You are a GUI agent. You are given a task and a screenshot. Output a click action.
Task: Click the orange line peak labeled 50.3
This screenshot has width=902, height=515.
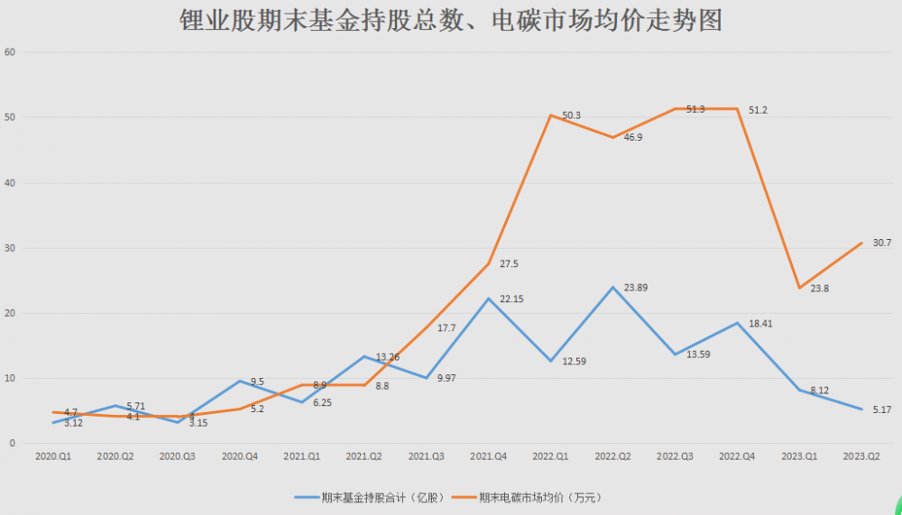coord(550,115)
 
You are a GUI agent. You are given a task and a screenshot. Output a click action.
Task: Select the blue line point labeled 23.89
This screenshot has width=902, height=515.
coord(612,288)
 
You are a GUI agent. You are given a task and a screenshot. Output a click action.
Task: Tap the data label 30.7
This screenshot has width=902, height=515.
coord(882,243)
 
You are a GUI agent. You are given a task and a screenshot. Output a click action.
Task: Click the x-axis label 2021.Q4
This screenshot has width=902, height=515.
coord(488,457)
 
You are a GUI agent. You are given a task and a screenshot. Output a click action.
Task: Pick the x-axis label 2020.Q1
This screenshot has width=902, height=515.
coord(53,457)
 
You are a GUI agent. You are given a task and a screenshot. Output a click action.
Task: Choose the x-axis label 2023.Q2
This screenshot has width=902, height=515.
coord(861,457)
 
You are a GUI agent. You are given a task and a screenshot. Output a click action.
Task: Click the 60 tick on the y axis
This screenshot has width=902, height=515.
coord(11,51)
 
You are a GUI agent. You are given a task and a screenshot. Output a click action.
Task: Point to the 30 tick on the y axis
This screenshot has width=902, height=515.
coord(11,248)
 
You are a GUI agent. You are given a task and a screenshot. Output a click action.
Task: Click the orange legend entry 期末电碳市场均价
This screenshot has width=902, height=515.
coord(528,497)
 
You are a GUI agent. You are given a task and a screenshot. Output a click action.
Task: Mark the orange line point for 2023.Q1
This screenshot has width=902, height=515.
coord(799,288)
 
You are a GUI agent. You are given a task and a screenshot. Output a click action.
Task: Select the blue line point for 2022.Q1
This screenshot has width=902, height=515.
coord(550,361)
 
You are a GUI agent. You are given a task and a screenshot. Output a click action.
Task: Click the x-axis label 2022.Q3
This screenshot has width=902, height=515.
coord(675,457)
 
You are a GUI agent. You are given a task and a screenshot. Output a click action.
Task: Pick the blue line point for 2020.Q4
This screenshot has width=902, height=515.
coord(239,381)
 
